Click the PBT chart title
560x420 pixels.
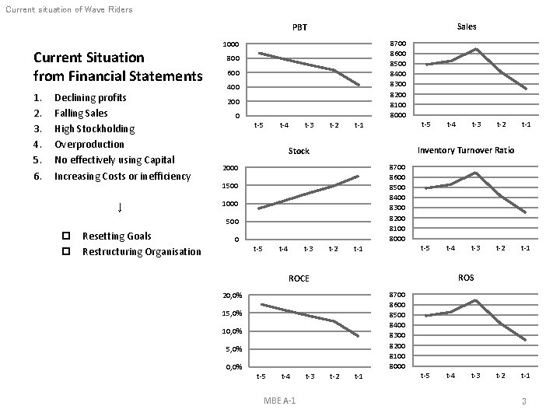click(299, 27)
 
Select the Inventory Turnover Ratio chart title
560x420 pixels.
click(466, 150)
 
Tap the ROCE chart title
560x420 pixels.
click(299, 278)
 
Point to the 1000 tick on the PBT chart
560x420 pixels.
click(231, 44)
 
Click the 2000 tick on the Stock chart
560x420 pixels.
click(230, 168)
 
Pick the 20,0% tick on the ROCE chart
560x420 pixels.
click(232, 296)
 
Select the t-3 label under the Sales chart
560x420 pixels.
click(476, 124)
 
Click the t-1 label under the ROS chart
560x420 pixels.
click(525, 376)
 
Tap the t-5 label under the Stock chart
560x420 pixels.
click(258, 249)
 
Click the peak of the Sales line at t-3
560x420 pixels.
click(477, 49)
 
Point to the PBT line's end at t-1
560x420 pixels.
click(359, 85)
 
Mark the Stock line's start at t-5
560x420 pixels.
click(259, 208)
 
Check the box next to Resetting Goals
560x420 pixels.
click(66, 236)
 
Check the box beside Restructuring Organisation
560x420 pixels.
click(66, 251)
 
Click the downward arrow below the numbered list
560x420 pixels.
click(120, 208)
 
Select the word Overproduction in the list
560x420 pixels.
click(89, 145)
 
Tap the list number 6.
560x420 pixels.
click(37, 176)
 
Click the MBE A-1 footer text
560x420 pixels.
click(280, 401)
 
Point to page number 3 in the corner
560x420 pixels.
click(524, 401)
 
